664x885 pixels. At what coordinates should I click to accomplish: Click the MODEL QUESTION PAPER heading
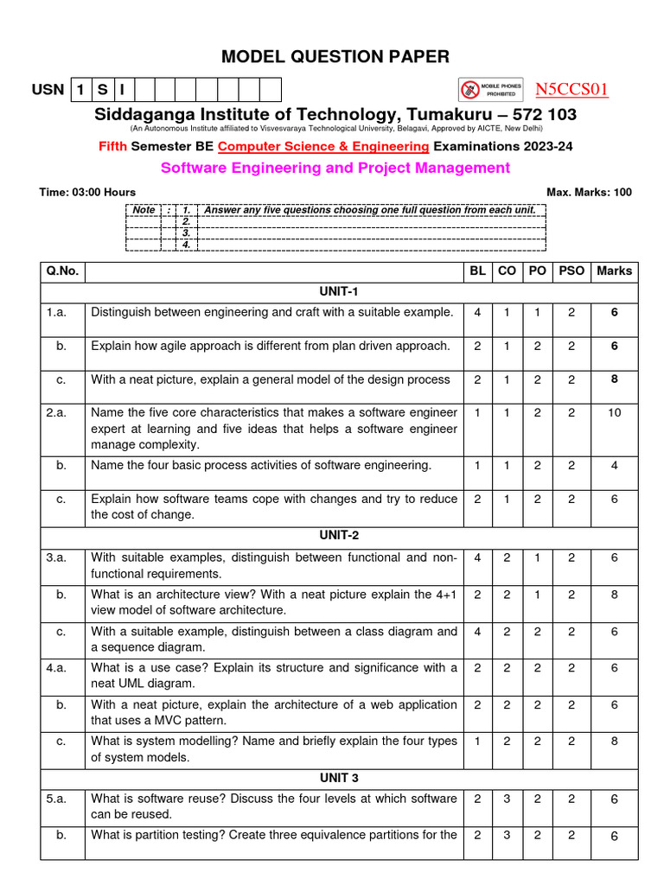[335, 57]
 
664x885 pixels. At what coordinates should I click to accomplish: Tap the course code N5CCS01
[571, 90]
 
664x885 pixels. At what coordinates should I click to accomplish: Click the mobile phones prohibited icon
[470, 89]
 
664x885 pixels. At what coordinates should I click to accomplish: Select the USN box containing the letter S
[101, 90]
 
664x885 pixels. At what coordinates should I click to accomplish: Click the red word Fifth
[112, 146]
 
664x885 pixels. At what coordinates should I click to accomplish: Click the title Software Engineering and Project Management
[335, 168]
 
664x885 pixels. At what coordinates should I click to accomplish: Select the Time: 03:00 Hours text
[87, 192]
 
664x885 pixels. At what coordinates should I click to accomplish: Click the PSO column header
[571, 271]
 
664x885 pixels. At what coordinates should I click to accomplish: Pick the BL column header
[477, 271]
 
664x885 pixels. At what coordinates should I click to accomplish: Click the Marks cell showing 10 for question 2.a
[614, 413]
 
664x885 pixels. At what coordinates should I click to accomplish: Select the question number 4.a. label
[57, 667]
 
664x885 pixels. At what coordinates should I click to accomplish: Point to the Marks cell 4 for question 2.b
[614, 465]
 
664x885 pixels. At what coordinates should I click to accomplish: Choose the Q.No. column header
[62, 271]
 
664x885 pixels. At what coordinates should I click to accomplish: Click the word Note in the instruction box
[144, 210]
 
